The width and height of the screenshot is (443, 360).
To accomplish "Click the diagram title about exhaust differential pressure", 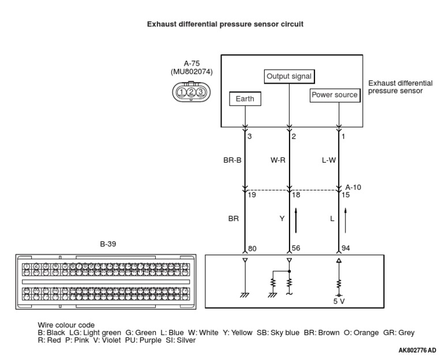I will pos(225,24).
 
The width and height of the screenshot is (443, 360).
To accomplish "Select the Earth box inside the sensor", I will pos(245,99).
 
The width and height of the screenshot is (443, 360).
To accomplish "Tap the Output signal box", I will pos(290,76).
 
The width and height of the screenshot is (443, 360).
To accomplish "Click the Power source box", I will pos(335,95).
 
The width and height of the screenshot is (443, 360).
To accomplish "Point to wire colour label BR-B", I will pos(232,161).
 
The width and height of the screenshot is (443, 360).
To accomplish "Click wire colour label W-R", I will pos(278,161).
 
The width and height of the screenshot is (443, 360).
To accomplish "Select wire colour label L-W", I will pos(328,161).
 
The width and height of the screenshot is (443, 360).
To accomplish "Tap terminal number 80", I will pos(252,249).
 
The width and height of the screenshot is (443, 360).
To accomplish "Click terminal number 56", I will pos(296,249).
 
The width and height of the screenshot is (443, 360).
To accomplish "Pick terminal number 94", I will pos(345,249).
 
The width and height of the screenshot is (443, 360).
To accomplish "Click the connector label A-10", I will pos(353,187).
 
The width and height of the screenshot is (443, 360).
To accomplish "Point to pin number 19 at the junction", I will pos(251,196).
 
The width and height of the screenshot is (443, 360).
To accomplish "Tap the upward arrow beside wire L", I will pos(345,220).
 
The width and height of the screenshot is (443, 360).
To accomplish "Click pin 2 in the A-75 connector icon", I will pos(191,92).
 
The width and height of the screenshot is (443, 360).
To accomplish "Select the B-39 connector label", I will pos(108,244).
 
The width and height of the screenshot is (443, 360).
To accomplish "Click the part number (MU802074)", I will pos(191,72).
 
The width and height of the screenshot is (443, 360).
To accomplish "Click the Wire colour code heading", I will pos(66,325).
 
